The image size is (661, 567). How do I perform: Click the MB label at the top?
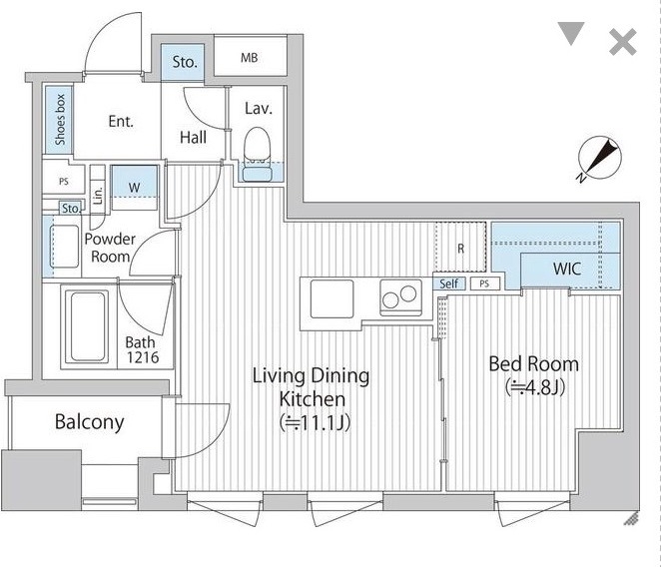tap(250, 57)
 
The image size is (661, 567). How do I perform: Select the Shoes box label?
tap(60, 120)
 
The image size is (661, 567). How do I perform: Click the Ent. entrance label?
tap(121, 122)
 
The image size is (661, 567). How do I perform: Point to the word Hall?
tap(193, 138)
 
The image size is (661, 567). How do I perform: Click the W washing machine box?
tap(134, 188)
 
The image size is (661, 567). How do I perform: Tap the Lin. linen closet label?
tap(98, 196)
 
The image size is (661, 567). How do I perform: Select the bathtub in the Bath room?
tap(87, 326)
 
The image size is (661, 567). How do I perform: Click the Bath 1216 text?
tap(142, 350)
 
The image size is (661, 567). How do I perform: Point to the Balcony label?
tap(90, 421)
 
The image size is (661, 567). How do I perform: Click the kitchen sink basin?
tap(331, 298)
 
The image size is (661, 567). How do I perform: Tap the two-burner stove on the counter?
tap(401, 297)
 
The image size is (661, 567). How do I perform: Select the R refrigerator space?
tap(460, 247)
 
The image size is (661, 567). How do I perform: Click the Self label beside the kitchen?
tap(448, 283)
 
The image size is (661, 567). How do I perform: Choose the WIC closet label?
tap(567, 269)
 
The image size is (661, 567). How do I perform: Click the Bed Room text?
tap(533, 364)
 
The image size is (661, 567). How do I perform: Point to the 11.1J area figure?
tap(316, 423)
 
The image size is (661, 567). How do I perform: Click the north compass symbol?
tap(599, 159)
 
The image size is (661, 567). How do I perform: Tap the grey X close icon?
tap(623, 42)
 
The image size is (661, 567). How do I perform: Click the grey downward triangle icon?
tap(571, 33)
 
